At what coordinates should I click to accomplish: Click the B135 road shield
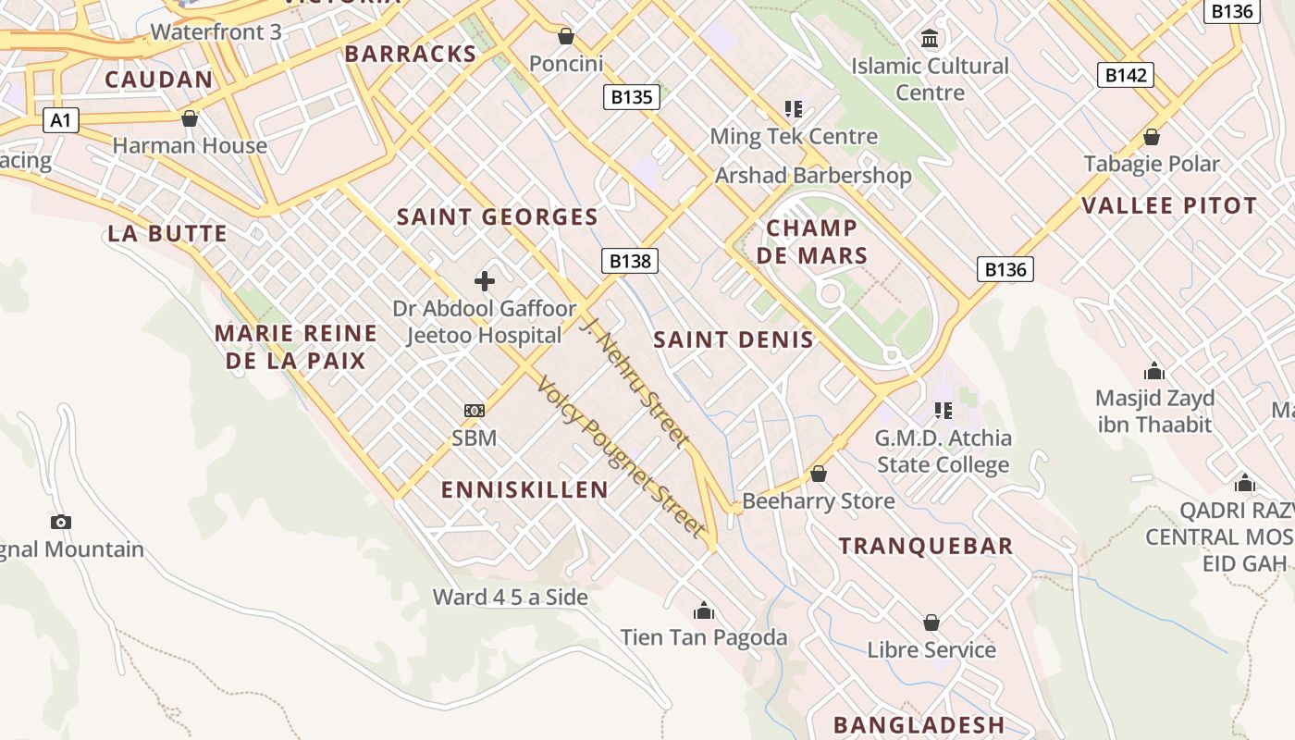pyautogui.click(x=632, y=96)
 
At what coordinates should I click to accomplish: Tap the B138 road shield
pyautogui.click(x=631, y=261)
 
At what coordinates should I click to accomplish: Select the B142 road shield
pyautogui.click(x=1126, y=75)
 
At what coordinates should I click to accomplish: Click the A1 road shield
pyautogui.click(x=60, y=120)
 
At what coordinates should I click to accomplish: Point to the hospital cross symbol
pyautogui.click(x=485, y=281)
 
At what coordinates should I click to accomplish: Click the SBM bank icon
pyautogui.click(x=474, y=411)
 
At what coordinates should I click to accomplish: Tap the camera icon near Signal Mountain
pyautogui.click(x=61, y=522)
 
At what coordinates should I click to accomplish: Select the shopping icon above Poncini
pyautogui.click(x=566, y=37)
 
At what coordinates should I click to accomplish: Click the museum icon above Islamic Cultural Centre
pyautogui.click(x=930, y=39)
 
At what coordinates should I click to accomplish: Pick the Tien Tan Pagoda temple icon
pyautogui.click(x=704, y=610)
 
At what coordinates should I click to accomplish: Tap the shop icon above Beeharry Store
pyautogui.click(x=818, y=475)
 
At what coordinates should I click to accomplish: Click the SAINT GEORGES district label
pyautogui.click(x=498, y=217)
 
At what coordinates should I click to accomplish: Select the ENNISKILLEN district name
pyautogui.click(x=524, y=489)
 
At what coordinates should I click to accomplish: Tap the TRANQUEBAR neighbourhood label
pyautogui.click(x=926, y=546)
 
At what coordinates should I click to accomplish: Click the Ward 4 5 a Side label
pyautogui.click(x=511, y=597)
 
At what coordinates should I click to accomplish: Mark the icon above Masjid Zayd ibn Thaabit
pyautogui.click(x=1154, y=372)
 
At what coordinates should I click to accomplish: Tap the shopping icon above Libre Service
pyautogui.click(x=931, y=623)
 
